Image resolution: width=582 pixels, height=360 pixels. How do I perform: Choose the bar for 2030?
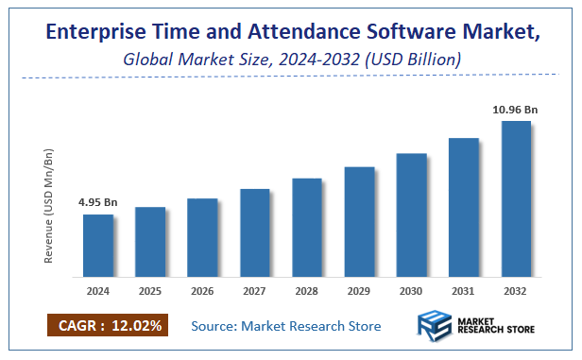pyautogui.click(x=411, y=214)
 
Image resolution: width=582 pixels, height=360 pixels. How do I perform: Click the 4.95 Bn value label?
pyautogui.click(x=97, y=202)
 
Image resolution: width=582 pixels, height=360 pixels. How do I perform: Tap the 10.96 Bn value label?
pyautogui.click(x=516, y=109)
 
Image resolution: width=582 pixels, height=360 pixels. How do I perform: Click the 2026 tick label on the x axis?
pyautogui.click(x=202, y=292)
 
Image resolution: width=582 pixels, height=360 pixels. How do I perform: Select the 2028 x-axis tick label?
pyautogui.click(x=307, y=292)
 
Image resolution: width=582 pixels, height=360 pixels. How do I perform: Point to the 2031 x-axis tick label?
pyautogui.click(x=464, y=292)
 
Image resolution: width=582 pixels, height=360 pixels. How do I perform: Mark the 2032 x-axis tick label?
pyautogui.click(x=516, y=292)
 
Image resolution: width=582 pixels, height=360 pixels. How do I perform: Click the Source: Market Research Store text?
pyautogui.click(x=285, y=326)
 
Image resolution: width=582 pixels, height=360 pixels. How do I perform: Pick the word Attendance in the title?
pyautogui.click(x=291, y=33)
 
